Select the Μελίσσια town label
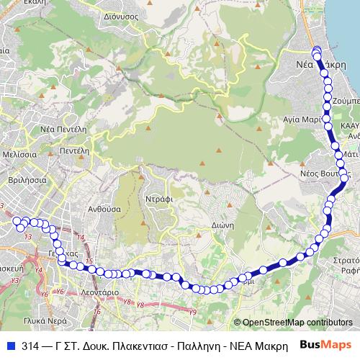pyautogui.click(x=20, y=154)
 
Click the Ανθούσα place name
pyautogui.click(x=84, y=208)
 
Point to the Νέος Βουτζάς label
pyautogui.click(x=324, y=174)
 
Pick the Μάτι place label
pyautogui.click(x=351, y=154)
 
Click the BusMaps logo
pyautogui.click(x=326, y=345)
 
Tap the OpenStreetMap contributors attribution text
pyautogui.click(x=297, y=323)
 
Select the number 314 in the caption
pyautogui.click(x=31, y=345)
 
